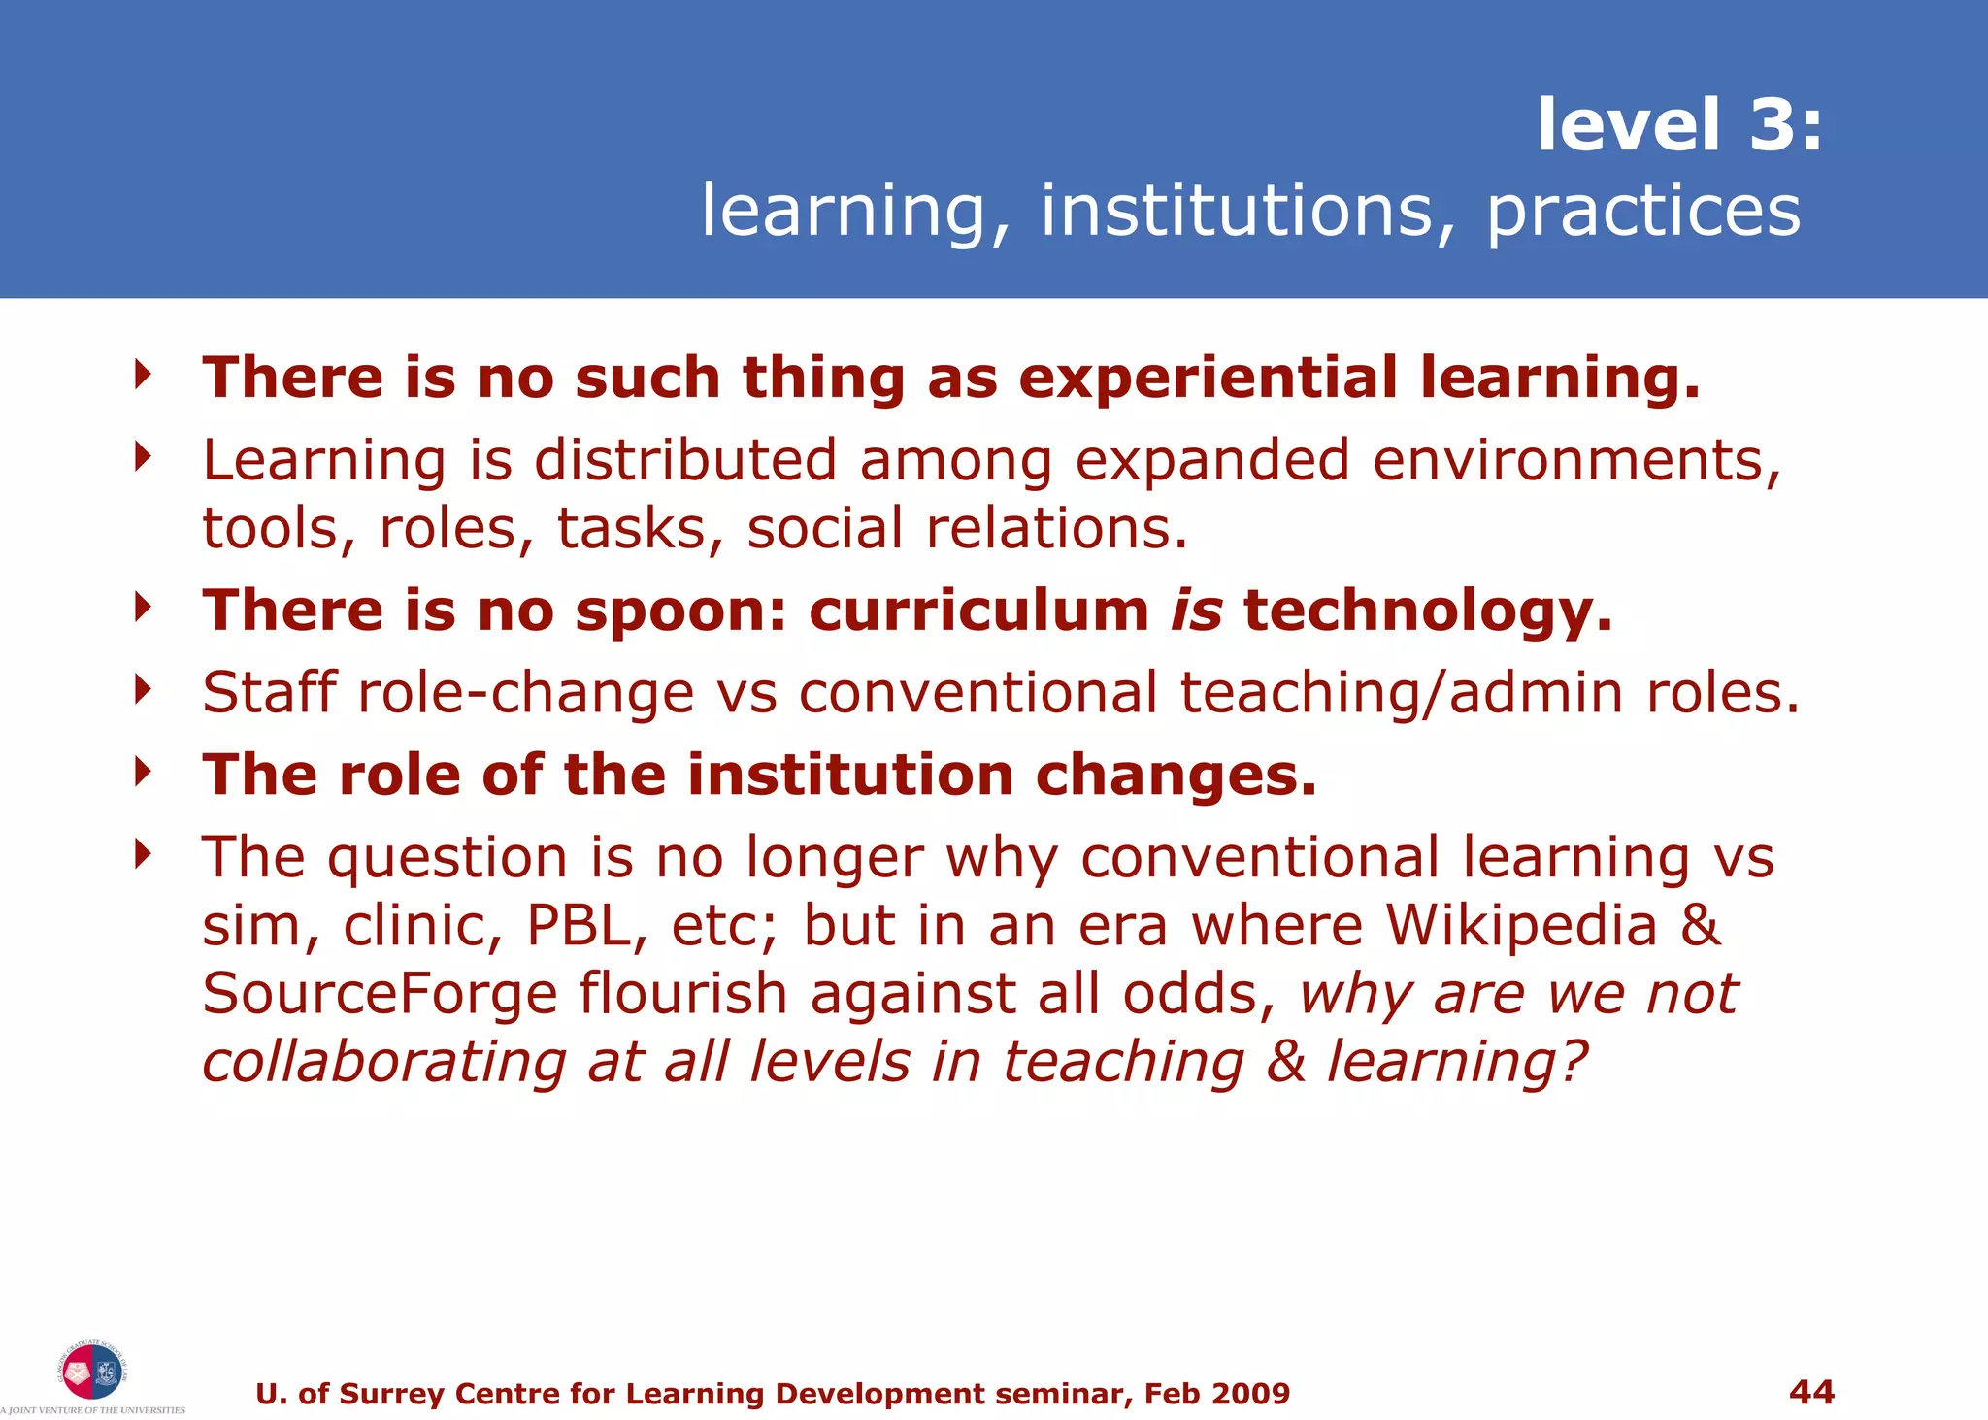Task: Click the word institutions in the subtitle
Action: [x=1236, y=211]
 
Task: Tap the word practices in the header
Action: [x=1643, y=211]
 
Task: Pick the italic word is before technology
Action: [x=1196, y=611]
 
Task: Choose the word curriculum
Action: [x=978, y=611]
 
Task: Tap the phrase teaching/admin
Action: [x=1402, y=693]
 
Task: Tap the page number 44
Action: [x=1811, y=1392]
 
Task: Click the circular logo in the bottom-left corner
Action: [x=91, y=1370]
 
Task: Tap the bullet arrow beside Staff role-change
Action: [x=144, y=690]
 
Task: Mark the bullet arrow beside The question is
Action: [x=144, y=855]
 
